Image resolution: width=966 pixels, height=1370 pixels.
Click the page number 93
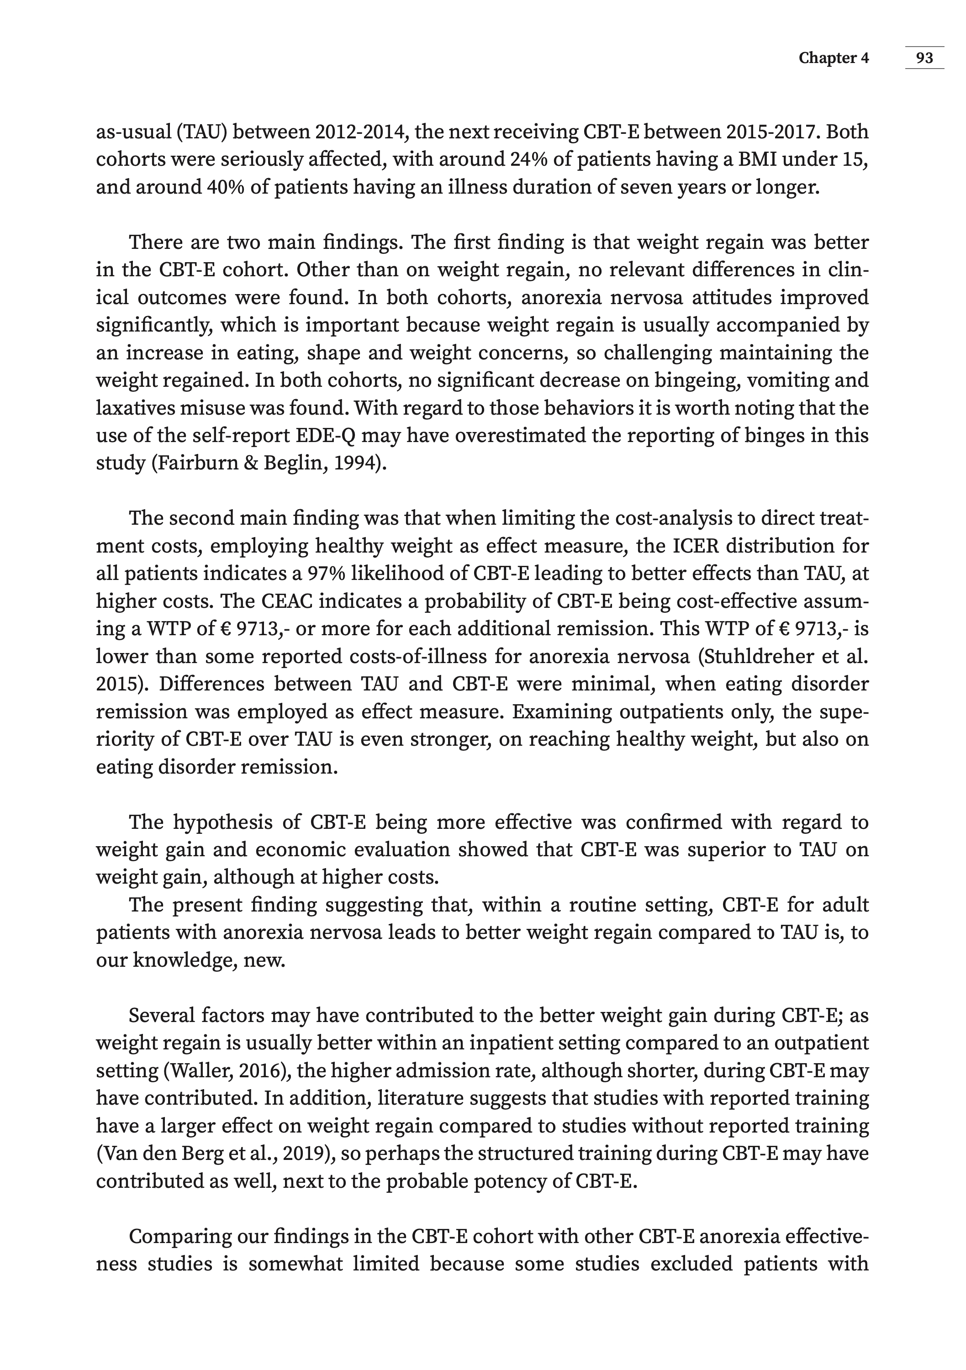924,58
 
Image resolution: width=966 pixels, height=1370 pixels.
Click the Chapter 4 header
834,58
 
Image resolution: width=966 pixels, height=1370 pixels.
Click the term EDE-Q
326,436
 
